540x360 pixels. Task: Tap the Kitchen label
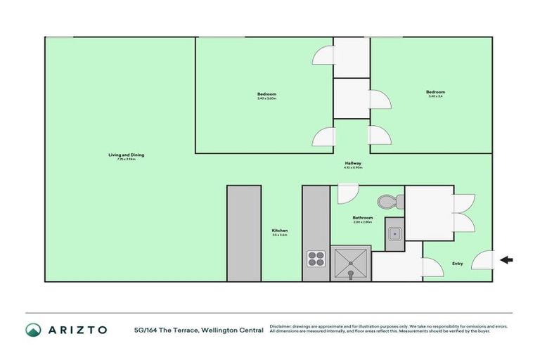tap(280, 231)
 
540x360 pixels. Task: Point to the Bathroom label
tap(362, 217)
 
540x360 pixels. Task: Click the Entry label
tap(458, 264)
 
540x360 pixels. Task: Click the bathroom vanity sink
tap(395, 233)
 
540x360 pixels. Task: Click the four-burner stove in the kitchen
tap(314, 259)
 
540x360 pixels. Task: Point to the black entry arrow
tap(506, 260)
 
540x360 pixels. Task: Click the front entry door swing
tap(483, 262)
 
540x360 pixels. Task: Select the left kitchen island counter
tap(244, 233)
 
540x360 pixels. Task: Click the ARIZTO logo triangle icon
tap(33, 329)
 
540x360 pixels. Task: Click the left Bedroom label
tap(266, 94)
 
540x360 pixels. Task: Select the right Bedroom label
tap(435, 92)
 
